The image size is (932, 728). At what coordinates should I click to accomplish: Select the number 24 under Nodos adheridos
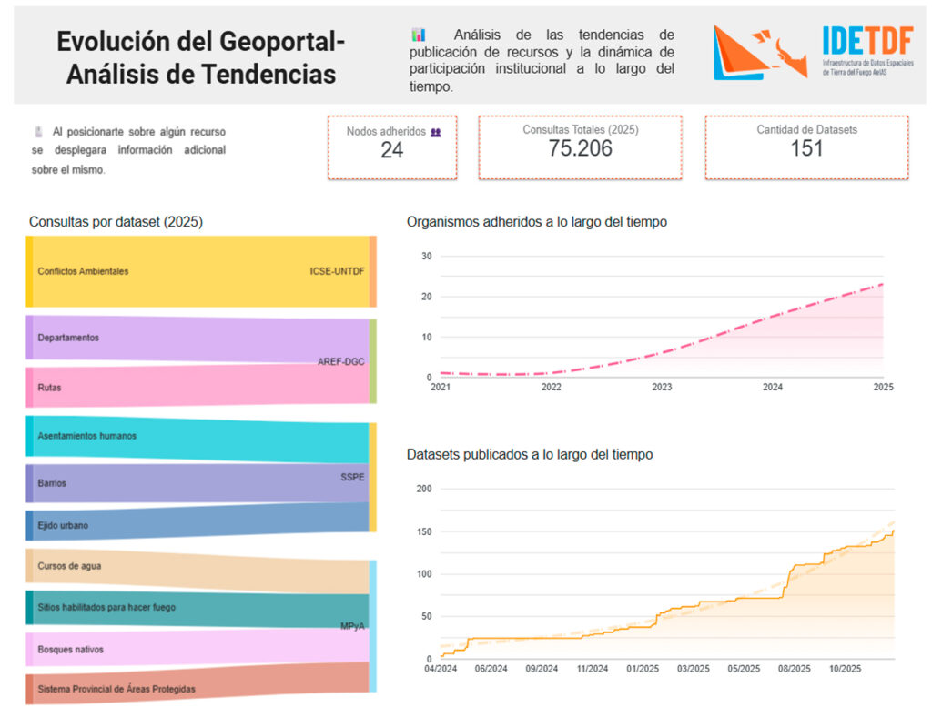click(x=391, y=150)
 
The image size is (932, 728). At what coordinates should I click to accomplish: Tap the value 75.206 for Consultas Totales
click(x=580, y=149)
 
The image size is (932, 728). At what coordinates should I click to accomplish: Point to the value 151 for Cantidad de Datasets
click(x=806, y=149)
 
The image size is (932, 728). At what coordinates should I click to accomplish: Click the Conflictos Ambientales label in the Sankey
click(x=83, y=271)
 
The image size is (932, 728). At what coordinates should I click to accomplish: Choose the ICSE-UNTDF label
click(x=337, y=271)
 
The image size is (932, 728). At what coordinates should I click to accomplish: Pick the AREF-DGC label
click(x=341, y=361)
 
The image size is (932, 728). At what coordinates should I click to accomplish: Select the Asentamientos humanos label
click(x=86, y=436)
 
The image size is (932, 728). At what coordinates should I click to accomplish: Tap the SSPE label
click(x=352, y=476)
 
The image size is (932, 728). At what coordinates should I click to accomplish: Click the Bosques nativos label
click(x=70, y=650)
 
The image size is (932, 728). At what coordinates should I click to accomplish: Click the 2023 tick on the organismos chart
click(x=662, y=387)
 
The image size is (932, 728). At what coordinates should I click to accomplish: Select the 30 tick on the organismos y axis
click(x=426, y=256)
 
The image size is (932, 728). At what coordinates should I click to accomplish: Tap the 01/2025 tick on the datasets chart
click(x=642, y=669)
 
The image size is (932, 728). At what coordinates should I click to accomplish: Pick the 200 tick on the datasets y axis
click(x=423, y=489)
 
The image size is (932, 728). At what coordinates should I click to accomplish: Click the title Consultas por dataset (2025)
click(x=116, y=221)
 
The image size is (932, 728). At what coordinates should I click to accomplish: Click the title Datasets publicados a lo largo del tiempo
click(x=529, y=454)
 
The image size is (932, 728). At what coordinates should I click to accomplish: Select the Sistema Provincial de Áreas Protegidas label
click(x=116, y=689)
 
